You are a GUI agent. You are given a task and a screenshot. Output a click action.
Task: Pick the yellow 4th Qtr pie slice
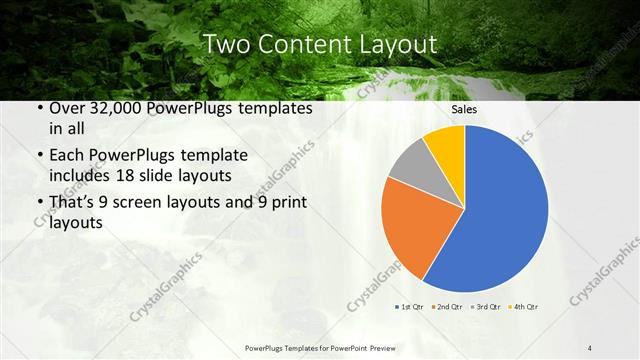446,145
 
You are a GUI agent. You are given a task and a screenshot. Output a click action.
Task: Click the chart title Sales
464,109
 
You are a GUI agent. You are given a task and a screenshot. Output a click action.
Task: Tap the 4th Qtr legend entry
525,305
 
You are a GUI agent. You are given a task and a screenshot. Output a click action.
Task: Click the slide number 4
590,347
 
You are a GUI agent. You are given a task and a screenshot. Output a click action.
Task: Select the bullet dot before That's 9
38,202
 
